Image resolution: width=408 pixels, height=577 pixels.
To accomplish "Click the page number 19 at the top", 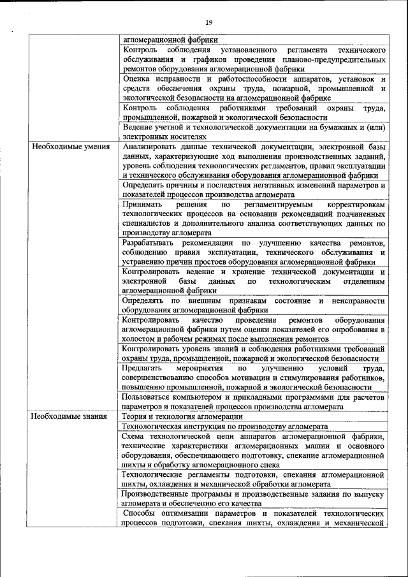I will pos(208,23).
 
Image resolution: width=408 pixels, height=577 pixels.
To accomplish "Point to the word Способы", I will pos(142,513).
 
